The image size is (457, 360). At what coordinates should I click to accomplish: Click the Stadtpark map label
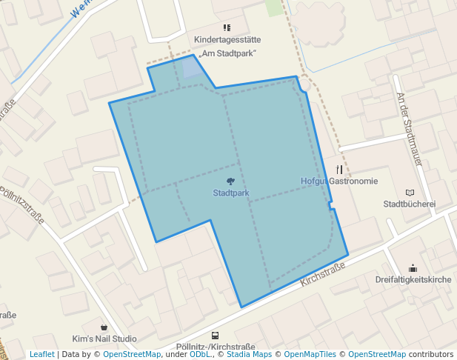click(230, 193)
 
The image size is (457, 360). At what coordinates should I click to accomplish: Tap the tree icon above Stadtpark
click(230, 181)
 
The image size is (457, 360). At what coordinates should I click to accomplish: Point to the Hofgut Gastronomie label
click(339, 181)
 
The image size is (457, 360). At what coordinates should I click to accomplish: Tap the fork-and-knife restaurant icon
click(339, 169)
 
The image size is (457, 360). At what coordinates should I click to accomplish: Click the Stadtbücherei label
click(409, 204)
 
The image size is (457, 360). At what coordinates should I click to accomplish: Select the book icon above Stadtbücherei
click(410, 192)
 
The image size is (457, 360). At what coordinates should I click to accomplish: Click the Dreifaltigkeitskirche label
click(413, 279)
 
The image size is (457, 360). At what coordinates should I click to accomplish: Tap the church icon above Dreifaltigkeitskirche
click(413, 267)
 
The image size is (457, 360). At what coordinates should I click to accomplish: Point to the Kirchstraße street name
click(324, 275)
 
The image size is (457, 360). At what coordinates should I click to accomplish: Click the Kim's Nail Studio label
click(104, 339)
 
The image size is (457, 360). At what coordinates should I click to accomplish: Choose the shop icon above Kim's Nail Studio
click(104, 327)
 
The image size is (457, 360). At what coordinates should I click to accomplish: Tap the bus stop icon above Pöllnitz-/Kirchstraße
click(215, 336)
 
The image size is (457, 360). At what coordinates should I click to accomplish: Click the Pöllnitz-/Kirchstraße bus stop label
click(216, 347)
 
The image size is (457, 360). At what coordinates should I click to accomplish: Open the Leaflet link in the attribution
click(41, 355)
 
